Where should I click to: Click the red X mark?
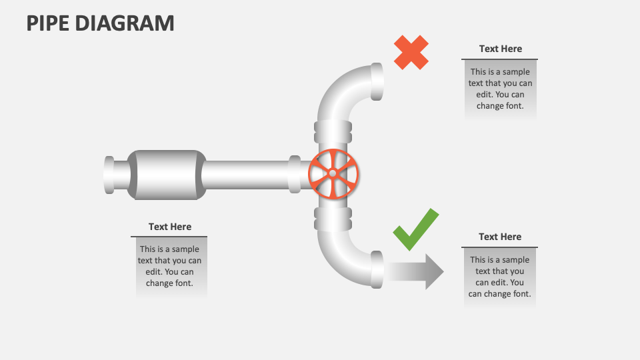tap(411, 53)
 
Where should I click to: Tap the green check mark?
tap(415, 231)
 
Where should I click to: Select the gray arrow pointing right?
tap(416, 271)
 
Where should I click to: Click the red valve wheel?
tap(333, 174)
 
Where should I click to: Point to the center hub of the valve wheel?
tap(333, 174)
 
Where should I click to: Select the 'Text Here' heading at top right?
tap(500, 49)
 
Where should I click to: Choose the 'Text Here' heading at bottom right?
tap(500, 237)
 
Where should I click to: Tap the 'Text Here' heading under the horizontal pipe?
tap(169, 227)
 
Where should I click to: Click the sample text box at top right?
tap(500, 89)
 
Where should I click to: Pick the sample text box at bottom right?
tap(500, 277)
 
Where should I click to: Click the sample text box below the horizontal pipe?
tap(169, 266)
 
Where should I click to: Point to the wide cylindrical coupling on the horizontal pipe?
tap(166, 175)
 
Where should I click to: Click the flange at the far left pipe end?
tap(109, 175)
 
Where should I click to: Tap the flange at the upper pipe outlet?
tap(377, 81)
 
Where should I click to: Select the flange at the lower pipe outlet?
tap(377, 269)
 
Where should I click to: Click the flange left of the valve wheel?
tap(294, 174)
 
